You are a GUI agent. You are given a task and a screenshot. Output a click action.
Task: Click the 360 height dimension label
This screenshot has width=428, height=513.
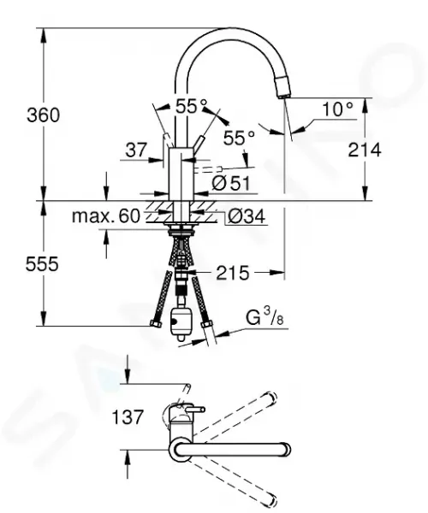43,115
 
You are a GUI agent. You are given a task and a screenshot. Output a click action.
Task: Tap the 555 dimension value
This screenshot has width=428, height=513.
42,263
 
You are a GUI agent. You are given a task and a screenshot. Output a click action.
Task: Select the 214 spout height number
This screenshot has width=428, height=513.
365,150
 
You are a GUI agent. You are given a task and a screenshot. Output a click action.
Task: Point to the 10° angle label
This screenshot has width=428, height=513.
338,109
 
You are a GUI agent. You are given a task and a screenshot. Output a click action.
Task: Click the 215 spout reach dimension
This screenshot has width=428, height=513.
233,273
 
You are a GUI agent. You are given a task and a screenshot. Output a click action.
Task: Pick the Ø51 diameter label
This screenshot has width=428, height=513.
231,183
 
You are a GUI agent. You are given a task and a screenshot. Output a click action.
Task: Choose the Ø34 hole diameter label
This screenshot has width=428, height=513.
247,216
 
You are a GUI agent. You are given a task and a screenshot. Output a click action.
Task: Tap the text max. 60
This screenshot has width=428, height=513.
106,216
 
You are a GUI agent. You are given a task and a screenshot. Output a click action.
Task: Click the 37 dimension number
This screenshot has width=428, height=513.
136,150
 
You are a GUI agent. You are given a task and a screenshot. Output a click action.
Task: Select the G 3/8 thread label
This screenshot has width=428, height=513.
265,316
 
